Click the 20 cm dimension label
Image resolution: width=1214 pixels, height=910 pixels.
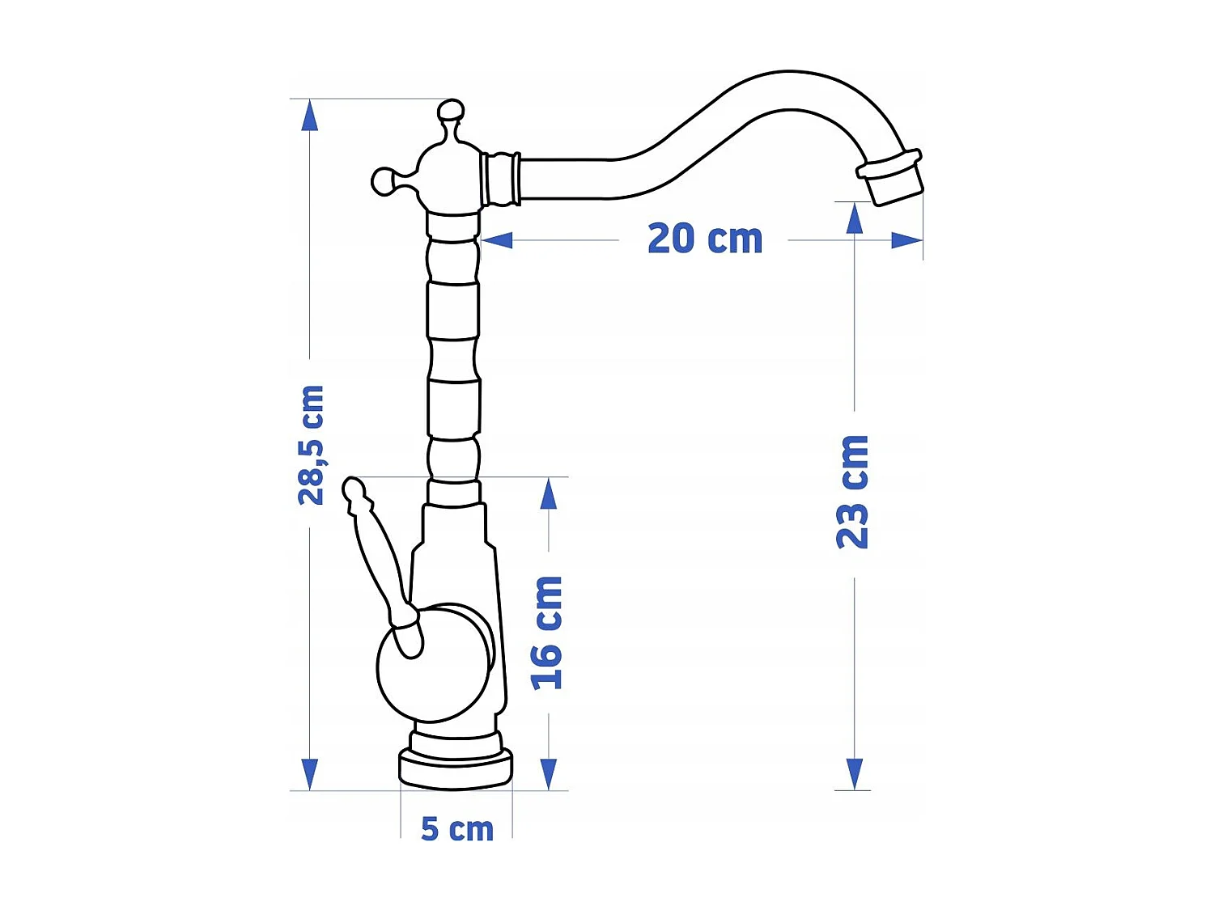[705, 239]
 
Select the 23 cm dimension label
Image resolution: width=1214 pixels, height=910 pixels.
[853, 492]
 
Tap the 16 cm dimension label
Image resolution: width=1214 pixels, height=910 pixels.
[547, 633]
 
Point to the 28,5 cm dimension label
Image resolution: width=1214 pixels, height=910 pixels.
[311, 446]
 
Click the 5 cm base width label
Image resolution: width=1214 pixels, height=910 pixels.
[457, 829]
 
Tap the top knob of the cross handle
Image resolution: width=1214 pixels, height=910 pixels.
[451, 111]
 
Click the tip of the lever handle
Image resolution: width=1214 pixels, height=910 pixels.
[354, 489]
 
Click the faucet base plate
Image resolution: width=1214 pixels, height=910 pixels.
[456, 769]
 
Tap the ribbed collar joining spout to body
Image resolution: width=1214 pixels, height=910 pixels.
[500, 179]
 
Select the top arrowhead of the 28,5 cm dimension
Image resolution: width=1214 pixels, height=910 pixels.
[309, 116]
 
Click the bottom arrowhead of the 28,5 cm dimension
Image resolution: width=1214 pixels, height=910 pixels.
[309, 774]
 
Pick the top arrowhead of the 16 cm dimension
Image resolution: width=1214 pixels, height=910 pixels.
[549, 493]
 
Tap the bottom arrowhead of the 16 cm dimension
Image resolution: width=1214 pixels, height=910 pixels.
[549, 774]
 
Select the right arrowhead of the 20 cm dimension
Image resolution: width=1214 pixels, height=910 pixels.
[906, 240]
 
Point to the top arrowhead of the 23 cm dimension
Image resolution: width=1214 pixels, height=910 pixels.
[855, 218]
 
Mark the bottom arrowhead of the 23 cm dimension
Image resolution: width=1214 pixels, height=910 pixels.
[855, 774]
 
